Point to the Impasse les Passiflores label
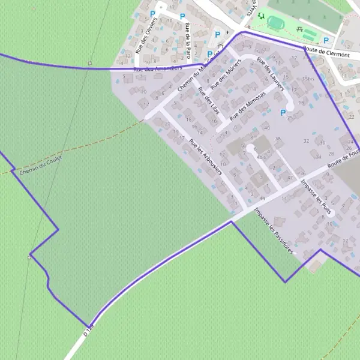274,230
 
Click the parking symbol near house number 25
284,112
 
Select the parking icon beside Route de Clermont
326,41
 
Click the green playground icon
261,16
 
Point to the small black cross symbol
227,32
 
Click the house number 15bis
308,79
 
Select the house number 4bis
261,157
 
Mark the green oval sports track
277,23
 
